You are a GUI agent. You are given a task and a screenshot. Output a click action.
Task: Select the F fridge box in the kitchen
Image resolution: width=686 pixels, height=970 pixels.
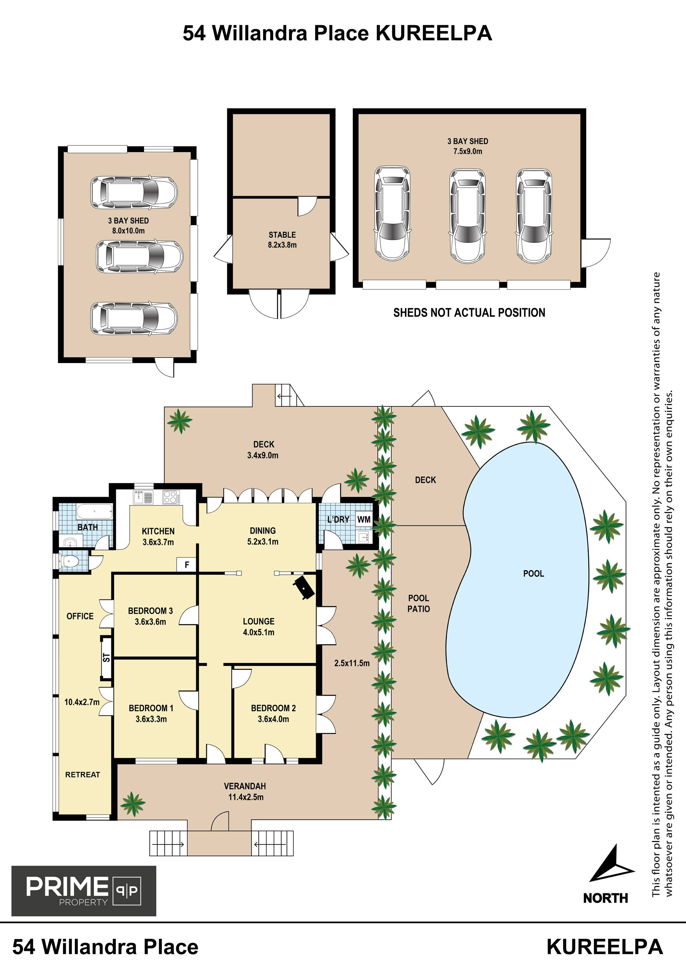[187, 564]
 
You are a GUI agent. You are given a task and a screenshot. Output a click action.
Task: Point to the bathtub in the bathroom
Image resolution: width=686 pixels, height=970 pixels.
[95, 512]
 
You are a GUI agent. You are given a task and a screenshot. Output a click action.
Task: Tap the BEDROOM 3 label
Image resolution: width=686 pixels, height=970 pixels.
[150, 611]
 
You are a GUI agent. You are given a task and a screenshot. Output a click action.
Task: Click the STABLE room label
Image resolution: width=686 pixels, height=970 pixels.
[282, 235]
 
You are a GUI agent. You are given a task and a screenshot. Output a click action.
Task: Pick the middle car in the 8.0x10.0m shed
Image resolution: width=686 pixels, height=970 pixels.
[139, 257]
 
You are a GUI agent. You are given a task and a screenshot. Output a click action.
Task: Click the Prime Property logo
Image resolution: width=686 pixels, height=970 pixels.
[84, 891]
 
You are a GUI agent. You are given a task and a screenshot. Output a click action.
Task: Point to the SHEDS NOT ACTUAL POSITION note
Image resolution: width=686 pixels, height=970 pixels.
[469, 313]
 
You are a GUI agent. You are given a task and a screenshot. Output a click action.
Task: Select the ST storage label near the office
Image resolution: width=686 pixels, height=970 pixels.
[106, 658]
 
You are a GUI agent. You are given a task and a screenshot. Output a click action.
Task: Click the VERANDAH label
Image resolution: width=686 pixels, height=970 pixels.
[245, 786]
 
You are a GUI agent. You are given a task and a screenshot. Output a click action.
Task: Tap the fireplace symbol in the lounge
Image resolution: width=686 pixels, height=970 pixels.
[304, 587]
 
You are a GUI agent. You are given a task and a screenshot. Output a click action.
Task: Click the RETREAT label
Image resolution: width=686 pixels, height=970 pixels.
[82, 775]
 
